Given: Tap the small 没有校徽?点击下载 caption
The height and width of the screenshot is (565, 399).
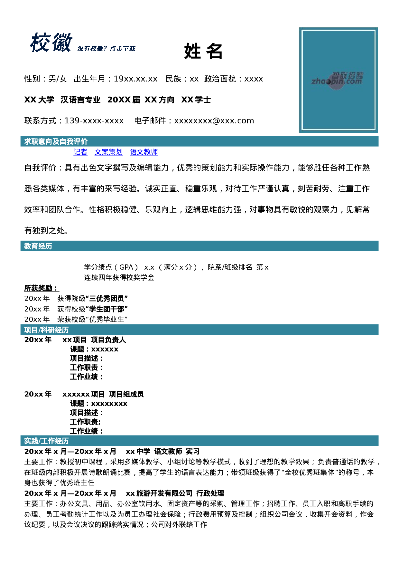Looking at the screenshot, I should click(x=106, y=48).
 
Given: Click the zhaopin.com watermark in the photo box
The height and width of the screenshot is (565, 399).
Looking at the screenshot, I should click(x=337, y=79).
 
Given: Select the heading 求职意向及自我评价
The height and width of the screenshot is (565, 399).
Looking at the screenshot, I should click(x=56, y=141).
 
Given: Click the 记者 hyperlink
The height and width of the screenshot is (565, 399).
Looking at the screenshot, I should click(x=80, y=152).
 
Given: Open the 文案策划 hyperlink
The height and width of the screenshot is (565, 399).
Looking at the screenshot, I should click(x=108, y=152).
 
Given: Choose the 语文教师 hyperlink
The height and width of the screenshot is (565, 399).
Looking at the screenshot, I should click(x=144, y=152).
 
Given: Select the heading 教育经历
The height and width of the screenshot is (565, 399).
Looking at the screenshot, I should click(x=38, y=246).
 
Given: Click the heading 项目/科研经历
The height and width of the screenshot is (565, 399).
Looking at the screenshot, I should click(x=46, y=330).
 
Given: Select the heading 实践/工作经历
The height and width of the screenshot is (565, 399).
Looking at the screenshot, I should click(x=46, y=441).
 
